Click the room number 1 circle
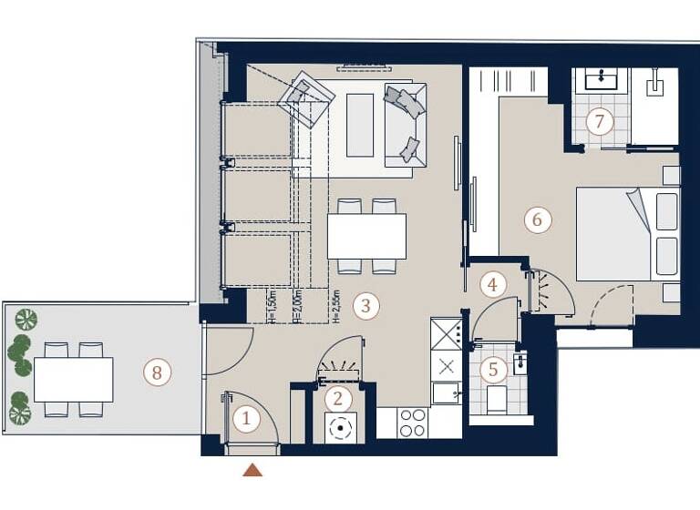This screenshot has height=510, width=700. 244,419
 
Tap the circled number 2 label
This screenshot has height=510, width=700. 338,398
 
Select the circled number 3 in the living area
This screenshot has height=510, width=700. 365,305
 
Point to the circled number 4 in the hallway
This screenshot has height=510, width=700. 493,284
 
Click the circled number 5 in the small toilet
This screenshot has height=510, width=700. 493,370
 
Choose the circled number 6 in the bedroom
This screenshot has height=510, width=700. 537,219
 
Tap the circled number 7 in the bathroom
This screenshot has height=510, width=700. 599,121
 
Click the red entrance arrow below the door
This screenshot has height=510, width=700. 252,470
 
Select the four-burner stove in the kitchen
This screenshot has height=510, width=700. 413,423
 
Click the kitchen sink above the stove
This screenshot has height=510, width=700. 446,393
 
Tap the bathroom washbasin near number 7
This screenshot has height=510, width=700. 601,80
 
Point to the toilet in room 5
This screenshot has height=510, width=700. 497,399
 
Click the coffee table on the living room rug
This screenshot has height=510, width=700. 360,125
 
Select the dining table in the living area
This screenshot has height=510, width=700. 366,236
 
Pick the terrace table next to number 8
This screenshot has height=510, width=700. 73,379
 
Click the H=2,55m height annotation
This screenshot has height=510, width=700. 336,305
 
